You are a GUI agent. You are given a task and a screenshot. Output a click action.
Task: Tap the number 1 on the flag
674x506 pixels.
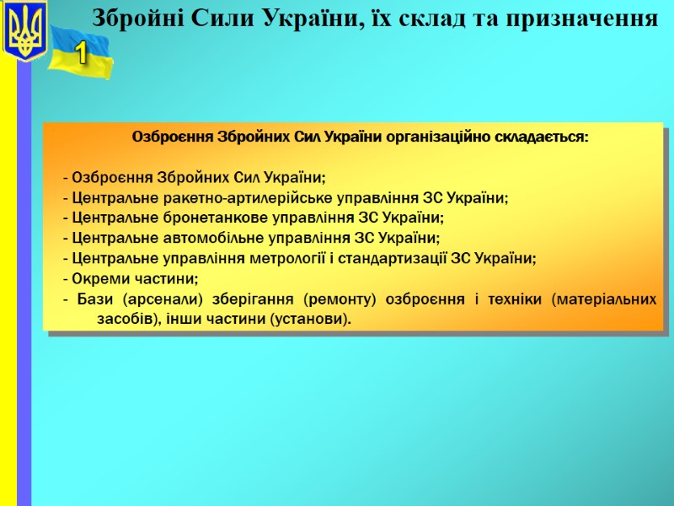(x=81, y=55)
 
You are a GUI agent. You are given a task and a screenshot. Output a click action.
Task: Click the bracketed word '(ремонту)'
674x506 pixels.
(x=343, y=299)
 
